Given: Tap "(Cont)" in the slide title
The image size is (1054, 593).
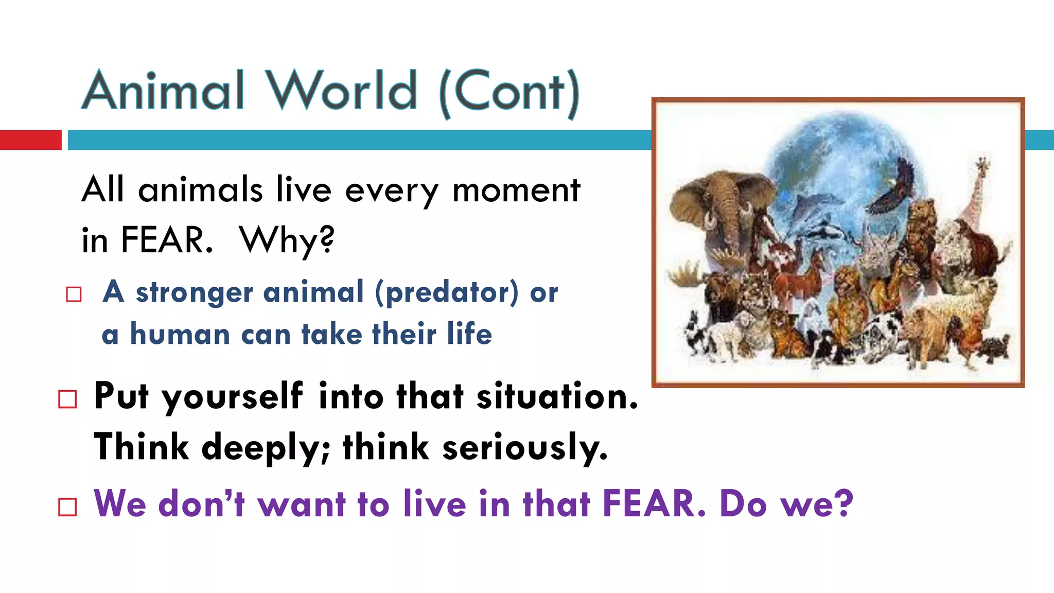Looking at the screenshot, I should click(x=510, y=93).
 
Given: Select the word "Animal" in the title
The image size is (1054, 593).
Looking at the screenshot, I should click(x=163, y=91).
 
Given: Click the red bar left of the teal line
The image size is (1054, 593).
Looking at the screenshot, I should click(x=30, y=140).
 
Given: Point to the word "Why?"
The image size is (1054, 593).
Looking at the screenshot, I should click(x=287, y=240).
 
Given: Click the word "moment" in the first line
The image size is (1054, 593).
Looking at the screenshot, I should click(x=516, y=190).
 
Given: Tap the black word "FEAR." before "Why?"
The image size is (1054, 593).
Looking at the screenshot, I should click(x=167, y=240).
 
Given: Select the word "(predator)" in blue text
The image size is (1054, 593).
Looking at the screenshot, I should click(x=447, y=292).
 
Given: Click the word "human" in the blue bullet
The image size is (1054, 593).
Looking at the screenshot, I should click(x=180, y=335).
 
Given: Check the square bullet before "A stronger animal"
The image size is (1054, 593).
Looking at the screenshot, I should click(x=74, y=294).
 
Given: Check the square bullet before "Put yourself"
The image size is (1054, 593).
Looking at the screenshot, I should click(x=68, y=399).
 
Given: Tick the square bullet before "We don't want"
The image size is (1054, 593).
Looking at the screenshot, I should click(x=68, y=507).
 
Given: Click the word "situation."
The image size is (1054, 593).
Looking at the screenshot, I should click(x=557, y=397).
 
